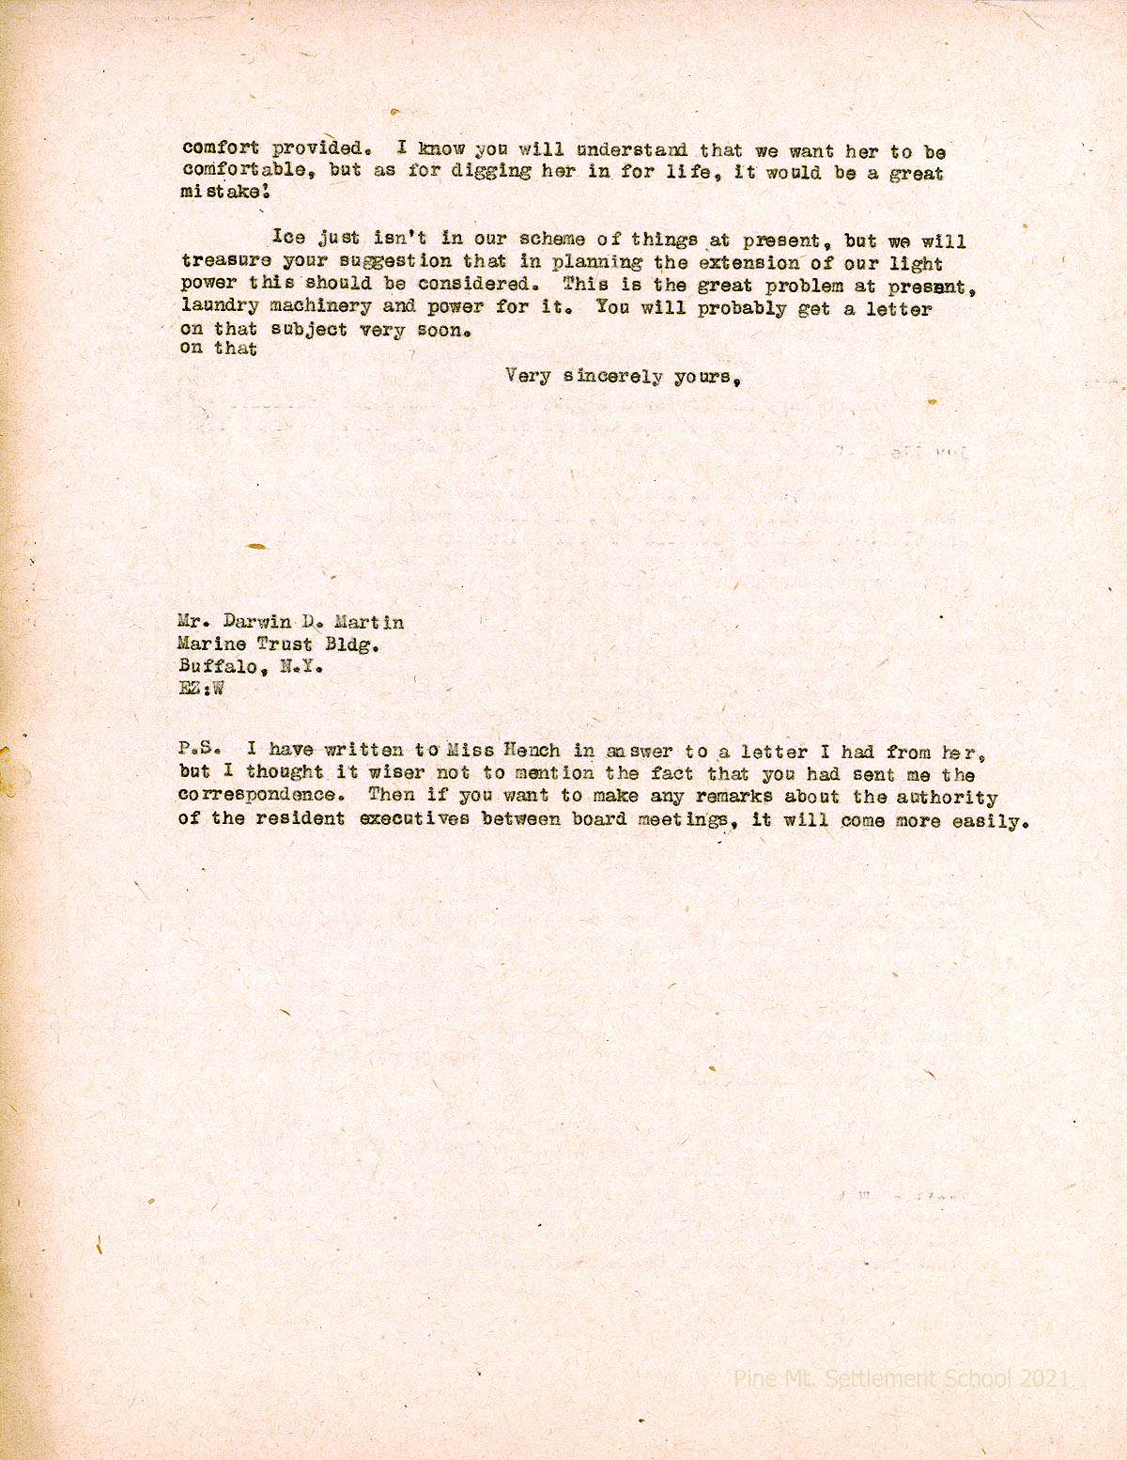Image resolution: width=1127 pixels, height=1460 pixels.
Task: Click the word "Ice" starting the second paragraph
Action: [x=288, y=238]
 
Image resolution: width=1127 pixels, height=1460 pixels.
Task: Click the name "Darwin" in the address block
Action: [x=257, y=622]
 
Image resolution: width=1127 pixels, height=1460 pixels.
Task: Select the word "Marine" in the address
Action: [x=212, y=645]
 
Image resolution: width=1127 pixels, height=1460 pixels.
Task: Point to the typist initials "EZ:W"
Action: [x=201, y=689]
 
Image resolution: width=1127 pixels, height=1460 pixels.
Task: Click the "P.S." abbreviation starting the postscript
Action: [x=199, y=750]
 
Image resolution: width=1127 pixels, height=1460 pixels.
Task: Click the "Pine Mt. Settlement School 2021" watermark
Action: [x=901, y=1378]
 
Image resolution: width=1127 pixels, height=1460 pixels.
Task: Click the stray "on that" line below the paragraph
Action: [x=218, y=349]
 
